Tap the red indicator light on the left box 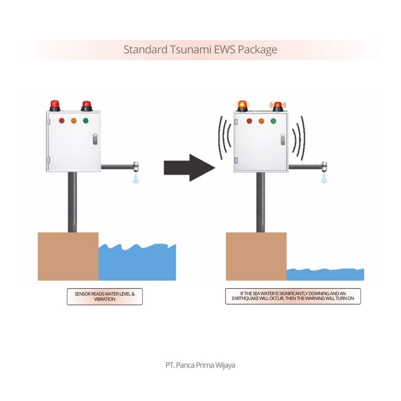click(62, 121)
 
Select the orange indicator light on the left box click(74, 121)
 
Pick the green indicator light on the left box click(86, 121)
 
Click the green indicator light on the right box click(273, 121)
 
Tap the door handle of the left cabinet click(95, 139)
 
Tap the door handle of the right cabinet click(283, 140)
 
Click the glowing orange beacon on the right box click(242, 105)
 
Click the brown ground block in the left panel click(68, 256)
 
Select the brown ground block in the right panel click(256, 256)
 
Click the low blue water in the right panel click(325, 274)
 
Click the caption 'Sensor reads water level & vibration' click(104, 297)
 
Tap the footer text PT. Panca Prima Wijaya click(200, 365)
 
